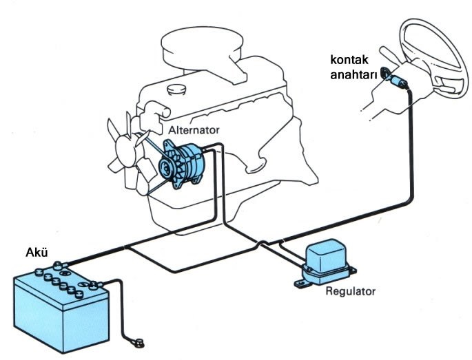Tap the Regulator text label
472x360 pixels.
coord(350,290)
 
